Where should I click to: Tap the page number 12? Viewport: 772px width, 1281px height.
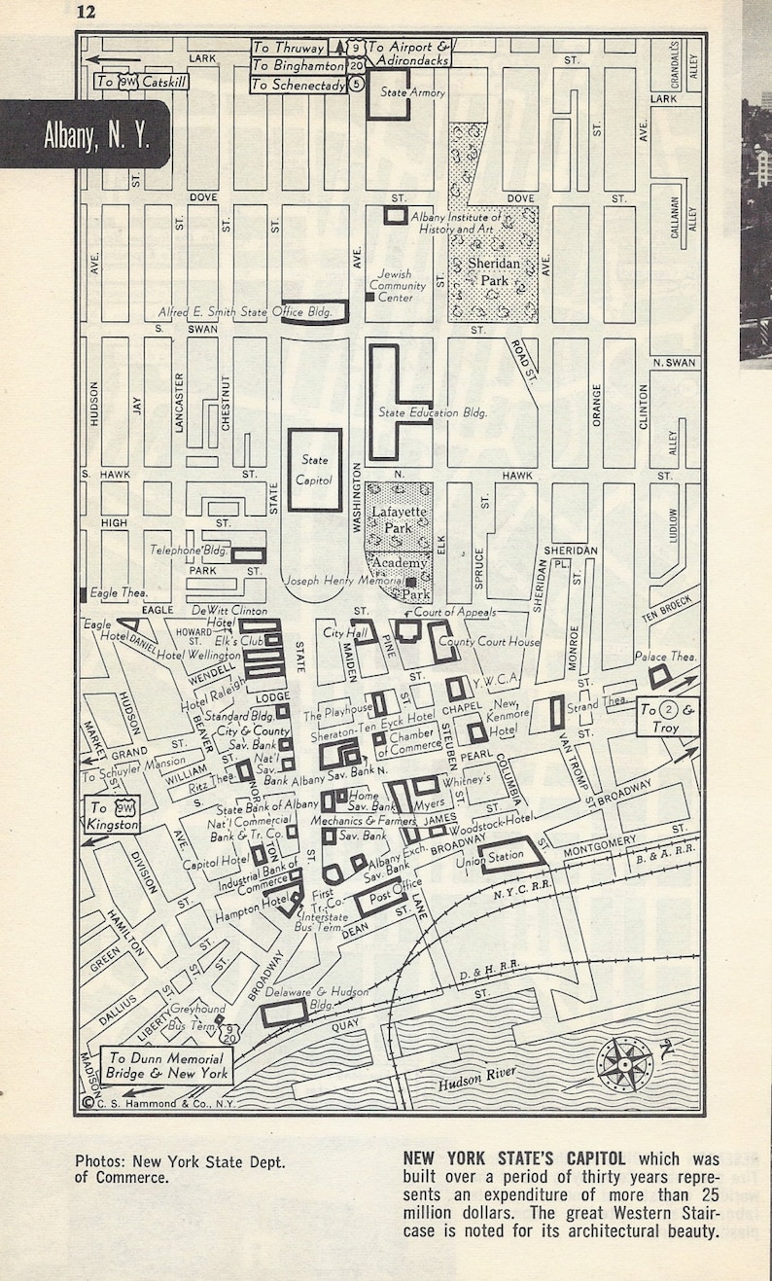click(87, 12)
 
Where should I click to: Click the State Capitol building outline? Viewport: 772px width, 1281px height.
click(314, 470)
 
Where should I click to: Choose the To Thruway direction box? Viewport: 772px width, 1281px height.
click(288, 48)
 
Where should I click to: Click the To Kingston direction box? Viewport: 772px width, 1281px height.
click(114, 814)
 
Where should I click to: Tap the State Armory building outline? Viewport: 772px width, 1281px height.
click(388, 93)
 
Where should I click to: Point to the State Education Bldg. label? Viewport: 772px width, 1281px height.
click(433, 413)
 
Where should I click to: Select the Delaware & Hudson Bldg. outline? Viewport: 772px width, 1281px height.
click(284, 1012)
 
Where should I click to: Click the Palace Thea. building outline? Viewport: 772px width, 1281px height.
click(659, 676)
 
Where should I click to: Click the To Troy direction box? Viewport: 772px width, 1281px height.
click(668, 718)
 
